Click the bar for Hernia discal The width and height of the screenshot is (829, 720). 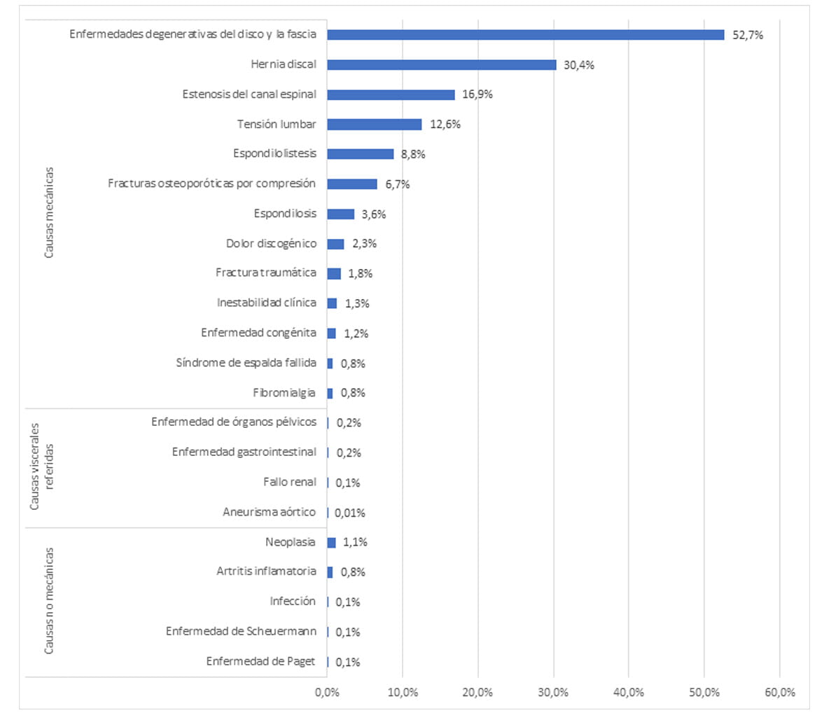tap(441, 64)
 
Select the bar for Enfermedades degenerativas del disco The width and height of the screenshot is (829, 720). tap(525, 34)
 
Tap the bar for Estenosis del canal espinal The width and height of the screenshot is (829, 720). tap(391, 95)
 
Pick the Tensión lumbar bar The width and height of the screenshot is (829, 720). tap(374, 124)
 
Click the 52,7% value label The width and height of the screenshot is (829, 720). tap(747, 35)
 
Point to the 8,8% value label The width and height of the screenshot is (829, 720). tap(413, 154)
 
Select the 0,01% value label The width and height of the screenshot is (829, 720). tap(349, 513)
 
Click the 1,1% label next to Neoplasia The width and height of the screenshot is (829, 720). tap(354, 542)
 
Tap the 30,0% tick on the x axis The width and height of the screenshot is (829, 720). tap(554, 692)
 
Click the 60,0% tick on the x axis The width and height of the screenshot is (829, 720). tap(779, 692)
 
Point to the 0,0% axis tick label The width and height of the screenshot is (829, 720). tap(327, 692)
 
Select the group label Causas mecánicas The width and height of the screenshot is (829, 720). tap(49, 212)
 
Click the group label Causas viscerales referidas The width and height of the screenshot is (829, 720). tap(42, 466)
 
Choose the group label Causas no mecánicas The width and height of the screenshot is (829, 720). tap(49, 601)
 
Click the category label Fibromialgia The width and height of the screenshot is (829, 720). tap(284, 393)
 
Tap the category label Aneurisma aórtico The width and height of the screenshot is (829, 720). tap(269, 512)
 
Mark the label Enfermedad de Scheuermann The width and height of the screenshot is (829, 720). tap(241, 631)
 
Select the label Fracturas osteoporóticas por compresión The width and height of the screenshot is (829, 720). tap(211, 184)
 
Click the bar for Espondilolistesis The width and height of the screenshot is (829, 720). tap(360, 154)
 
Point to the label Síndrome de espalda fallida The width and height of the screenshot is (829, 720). tap(246, 363)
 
